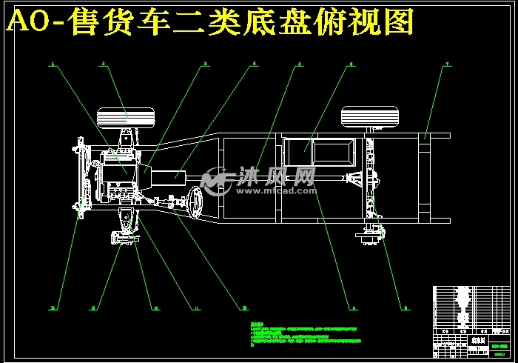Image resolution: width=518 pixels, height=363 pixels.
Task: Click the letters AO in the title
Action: [x=30, y=23]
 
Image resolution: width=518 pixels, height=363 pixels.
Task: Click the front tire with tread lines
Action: [x=125, y=116]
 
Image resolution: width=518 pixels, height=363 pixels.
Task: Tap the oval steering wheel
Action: [x=197, y=202]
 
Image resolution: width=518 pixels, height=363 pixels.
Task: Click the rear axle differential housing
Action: [x=360, y=178]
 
